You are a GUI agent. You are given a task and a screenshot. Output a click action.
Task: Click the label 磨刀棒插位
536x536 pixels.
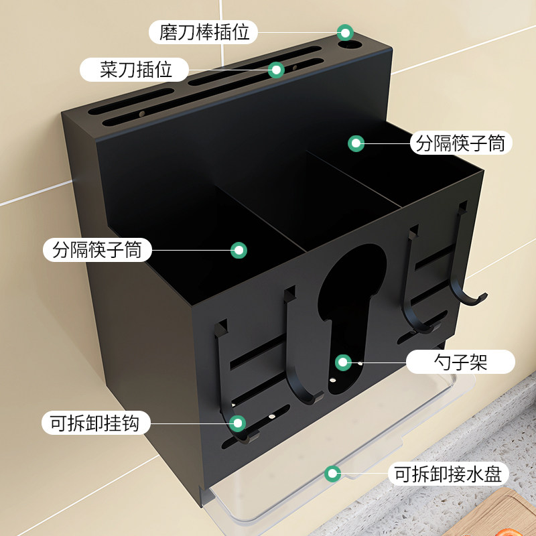tap(203, 31)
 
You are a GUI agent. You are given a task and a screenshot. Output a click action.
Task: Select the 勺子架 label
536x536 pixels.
tap(461, 362)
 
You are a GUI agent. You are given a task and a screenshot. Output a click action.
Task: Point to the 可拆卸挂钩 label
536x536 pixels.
tap(96, 423)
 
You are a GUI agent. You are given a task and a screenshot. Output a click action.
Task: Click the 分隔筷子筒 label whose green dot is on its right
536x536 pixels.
tap(97, 250)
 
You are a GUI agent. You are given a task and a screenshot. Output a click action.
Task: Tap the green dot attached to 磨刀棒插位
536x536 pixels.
tap(345, 31)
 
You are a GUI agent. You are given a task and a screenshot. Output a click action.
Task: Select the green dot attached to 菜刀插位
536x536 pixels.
tap(276, 69)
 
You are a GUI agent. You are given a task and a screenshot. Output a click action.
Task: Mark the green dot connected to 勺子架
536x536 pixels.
tap(344, 362)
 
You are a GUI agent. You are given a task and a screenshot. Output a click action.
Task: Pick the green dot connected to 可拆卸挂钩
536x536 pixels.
tap(237, 423)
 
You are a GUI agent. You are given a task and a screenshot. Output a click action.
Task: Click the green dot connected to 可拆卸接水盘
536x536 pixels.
tap(331, 474)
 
